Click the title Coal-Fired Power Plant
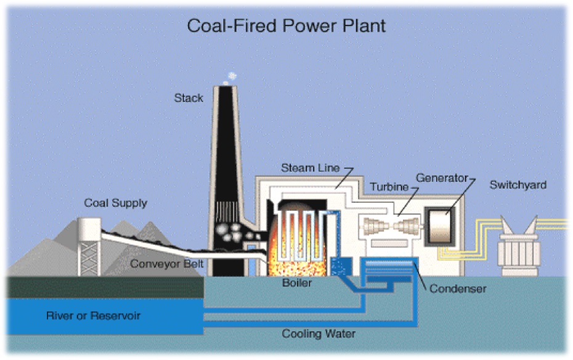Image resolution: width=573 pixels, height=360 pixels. click(x=286, y=27)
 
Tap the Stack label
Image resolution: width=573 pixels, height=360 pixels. click(x=188, y=98)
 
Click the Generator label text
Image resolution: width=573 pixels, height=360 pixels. click(x=441, y=178)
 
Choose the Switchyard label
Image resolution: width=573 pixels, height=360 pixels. click(x=518, y=185)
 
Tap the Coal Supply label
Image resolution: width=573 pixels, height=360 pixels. click(x=116, y=203)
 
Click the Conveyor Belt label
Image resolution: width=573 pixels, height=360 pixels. click(x=167, y=264)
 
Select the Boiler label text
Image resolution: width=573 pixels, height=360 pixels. click(x=297, y=283)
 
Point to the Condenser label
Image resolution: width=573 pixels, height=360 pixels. click(x=458, y=288)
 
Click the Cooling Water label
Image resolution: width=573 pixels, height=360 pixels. click(x=319, y=334)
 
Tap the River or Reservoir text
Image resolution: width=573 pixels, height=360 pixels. click(x=93, y=316)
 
